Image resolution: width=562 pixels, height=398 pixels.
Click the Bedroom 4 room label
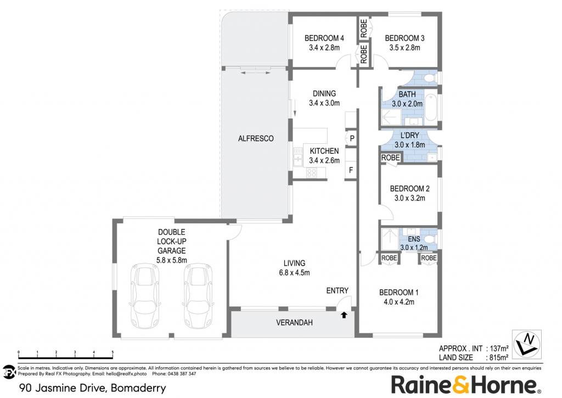click(324, 38)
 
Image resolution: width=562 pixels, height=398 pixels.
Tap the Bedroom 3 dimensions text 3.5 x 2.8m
click(404, 48)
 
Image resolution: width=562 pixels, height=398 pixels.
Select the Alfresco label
click(256, 138)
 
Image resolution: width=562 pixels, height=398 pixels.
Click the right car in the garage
click(198, 295)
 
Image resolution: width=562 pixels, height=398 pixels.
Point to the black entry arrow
click(344, 315)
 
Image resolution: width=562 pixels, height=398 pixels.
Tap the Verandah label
click(294, 323)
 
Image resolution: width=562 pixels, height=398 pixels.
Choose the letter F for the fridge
click(351, 170)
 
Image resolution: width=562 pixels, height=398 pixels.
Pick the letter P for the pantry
click(352, 138)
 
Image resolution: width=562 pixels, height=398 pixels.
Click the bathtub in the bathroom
click(430, 106)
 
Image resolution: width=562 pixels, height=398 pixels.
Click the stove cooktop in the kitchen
click(312, 173)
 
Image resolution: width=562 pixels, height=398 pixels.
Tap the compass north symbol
click(526, 345)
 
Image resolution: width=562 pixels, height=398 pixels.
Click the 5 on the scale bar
click(113, 352)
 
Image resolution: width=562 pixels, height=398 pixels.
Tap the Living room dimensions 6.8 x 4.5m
click(294, 272)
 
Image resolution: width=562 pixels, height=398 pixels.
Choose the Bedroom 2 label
click(409, 189)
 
